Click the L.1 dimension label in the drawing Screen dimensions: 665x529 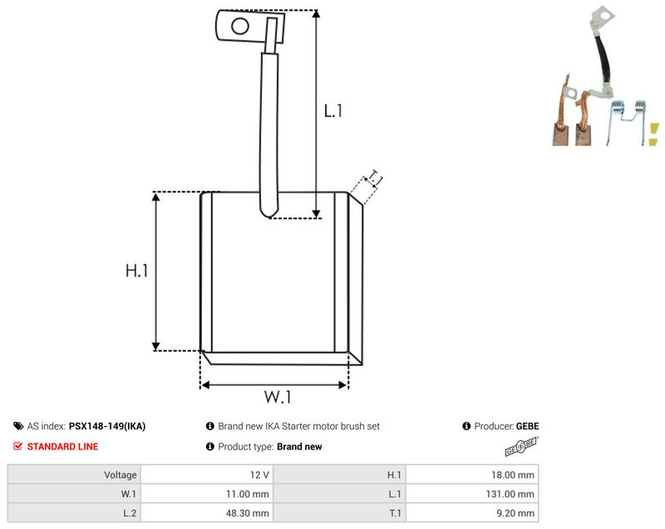[x=333, y=111]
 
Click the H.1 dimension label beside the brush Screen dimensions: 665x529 [x=136, y=270]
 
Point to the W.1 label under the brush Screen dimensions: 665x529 [x=278, y=397]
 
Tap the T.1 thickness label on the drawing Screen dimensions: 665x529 [x=375, y=178]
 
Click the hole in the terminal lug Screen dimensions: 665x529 [x=240, y=26]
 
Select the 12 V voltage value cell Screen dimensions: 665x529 [x=207, y=475]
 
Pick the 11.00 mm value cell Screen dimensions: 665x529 [x=207, y=494]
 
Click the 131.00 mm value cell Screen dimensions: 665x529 [x=472, y=494]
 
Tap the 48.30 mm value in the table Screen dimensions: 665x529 [x=247, y=513]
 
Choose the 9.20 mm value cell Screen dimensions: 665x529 [x=472, y=513]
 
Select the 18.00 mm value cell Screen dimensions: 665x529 [x=472, y=475]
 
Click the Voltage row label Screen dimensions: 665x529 [x=121, y=475]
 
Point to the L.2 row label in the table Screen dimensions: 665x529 [x=130, y=513]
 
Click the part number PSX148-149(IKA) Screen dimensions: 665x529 [x=107, y=426]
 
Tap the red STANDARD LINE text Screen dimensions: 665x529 [x=63, y=447]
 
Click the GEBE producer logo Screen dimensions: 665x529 [x=522, y=447]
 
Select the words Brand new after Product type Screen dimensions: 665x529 [x=299, y=447]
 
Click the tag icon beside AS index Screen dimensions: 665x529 [x=18, y=426]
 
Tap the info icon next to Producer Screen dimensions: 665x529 [x=466, y=426]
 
